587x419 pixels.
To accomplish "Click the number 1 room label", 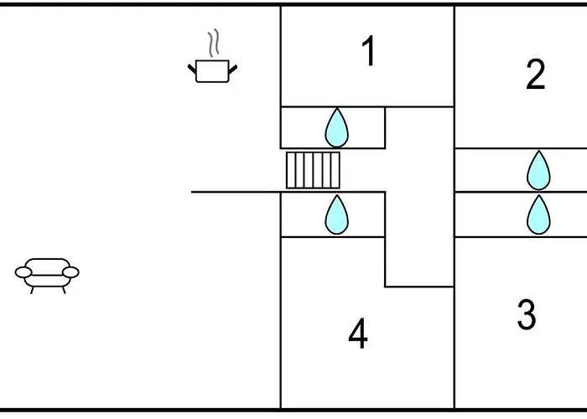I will point(368,53).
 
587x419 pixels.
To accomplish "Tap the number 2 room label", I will point(535,75).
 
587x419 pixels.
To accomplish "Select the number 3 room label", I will point(527,315).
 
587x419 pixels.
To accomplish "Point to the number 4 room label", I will point(358,335).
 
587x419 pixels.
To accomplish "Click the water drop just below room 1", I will point(336,128).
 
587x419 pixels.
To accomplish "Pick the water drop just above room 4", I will point(336,215).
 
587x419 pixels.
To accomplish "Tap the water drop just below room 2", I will point(538,171).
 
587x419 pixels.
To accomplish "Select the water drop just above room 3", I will point(538,215).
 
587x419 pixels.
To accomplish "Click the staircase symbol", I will point(313,170).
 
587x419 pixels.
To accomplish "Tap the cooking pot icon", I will point(211,70).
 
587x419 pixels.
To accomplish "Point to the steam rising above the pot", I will point(214,42).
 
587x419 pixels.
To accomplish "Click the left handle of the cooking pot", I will point(192,67).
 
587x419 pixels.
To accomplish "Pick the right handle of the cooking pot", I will point(232,67).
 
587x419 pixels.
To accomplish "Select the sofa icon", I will point(47,272).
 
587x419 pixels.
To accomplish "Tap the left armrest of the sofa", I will point(23,272).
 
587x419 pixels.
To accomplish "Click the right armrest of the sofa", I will point(72,272).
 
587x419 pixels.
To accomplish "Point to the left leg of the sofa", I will point(33,289).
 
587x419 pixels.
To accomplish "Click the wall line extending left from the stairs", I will point(235,192).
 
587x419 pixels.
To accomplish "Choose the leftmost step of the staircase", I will point(290,170).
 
